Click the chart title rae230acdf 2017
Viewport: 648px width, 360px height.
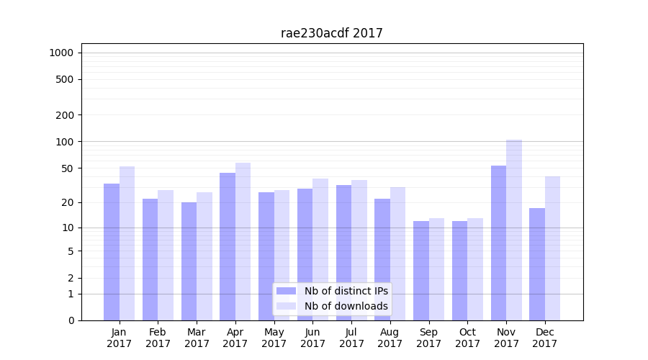pyautogui.click(x=332, y=33)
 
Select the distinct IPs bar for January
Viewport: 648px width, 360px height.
pyautogui.click(x=112, y=252)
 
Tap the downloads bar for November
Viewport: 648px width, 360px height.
pyautogui.click(x=514, y=230)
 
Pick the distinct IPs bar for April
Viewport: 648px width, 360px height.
pyautogui.click(x=228, y=246)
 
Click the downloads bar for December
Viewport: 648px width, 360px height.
pyautogui.click(x=553, y=248)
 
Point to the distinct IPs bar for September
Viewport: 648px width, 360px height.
pyautogui.click(x=421, y=271)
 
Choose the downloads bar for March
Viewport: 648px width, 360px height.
pyautogui.click(x=204, y=256)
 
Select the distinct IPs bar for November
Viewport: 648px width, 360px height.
pyautogui.click(x=498, y=243)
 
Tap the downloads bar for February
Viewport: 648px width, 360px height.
pyautogui.click(x=166, y=255)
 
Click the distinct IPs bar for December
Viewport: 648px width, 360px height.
pyautogui.click(x=537, y=264)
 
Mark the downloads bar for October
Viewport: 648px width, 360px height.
pyautogui.click(x=475, y=269)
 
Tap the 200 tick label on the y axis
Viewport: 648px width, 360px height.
pyautogui.click(x=66, y=115)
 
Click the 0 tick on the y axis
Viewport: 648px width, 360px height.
pyautogui.click(x=71, y=320)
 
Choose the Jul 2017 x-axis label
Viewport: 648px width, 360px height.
pyautogui.click(x=351, y=338)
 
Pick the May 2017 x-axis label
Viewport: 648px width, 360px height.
pyautogui.click(x=274, y=338)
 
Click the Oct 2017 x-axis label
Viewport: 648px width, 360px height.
pyautogui.click(x=467, y=338)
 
